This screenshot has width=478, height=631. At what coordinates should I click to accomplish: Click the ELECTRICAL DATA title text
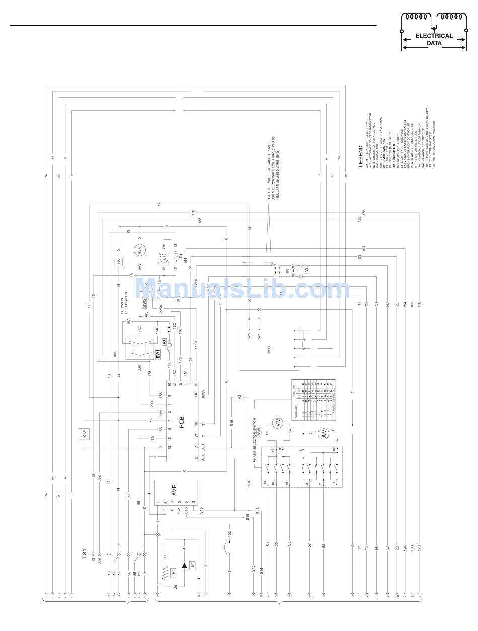tap(434, 39)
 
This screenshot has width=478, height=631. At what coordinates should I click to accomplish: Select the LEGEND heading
tap(361, 156)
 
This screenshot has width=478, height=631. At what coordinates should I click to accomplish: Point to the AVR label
tap(175, 489)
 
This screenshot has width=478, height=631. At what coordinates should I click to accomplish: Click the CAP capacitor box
tap(84, 434)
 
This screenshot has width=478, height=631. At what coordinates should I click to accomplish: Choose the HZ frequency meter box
tap(239, 397)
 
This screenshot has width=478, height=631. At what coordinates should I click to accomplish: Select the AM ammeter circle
tap(324, 433)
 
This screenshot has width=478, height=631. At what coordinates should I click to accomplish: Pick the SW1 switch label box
tap(157, 354)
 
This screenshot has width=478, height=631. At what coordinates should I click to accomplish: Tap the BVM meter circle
tap(139, 250)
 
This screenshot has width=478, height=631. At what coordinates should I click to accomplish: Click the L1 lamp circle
tap(163, 258)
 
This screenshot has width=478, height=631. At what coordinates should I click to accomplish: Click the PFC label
tap(269, 347)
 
